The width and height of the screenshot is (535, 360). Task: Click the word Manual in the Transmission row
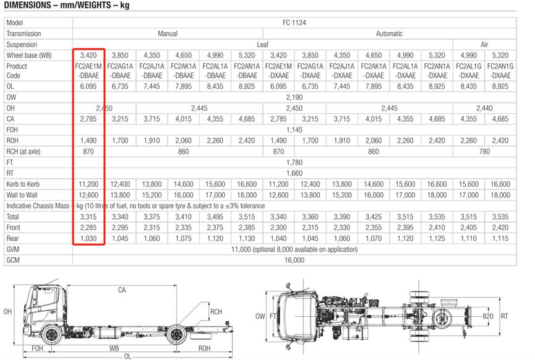click(x=168, y=33)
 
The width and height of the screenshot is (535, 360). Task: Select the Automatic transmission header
click(x=389, y=33)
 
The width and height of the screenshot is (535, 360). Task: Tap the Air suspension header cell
click(x=484, y=45)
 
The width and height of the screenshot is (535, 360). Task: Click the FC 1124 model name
click(x=294, y=22)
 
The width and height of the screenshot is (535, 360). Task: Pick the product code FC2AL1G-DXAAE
click(x=469, y=71)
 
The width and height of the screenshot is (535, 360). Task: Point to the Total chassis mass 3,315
click(x=88, y=216)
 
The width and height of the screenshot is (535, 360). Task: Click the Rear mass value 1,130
click(x=247, y=239)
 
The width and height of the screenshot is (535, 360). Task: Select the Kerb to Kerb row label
click(x=23, y=184)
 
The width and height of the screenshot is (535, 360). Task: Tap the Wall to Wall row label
click(x=22, y=195)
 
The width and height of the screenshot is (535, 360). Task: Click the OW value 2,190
click(x=294, y=97)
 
